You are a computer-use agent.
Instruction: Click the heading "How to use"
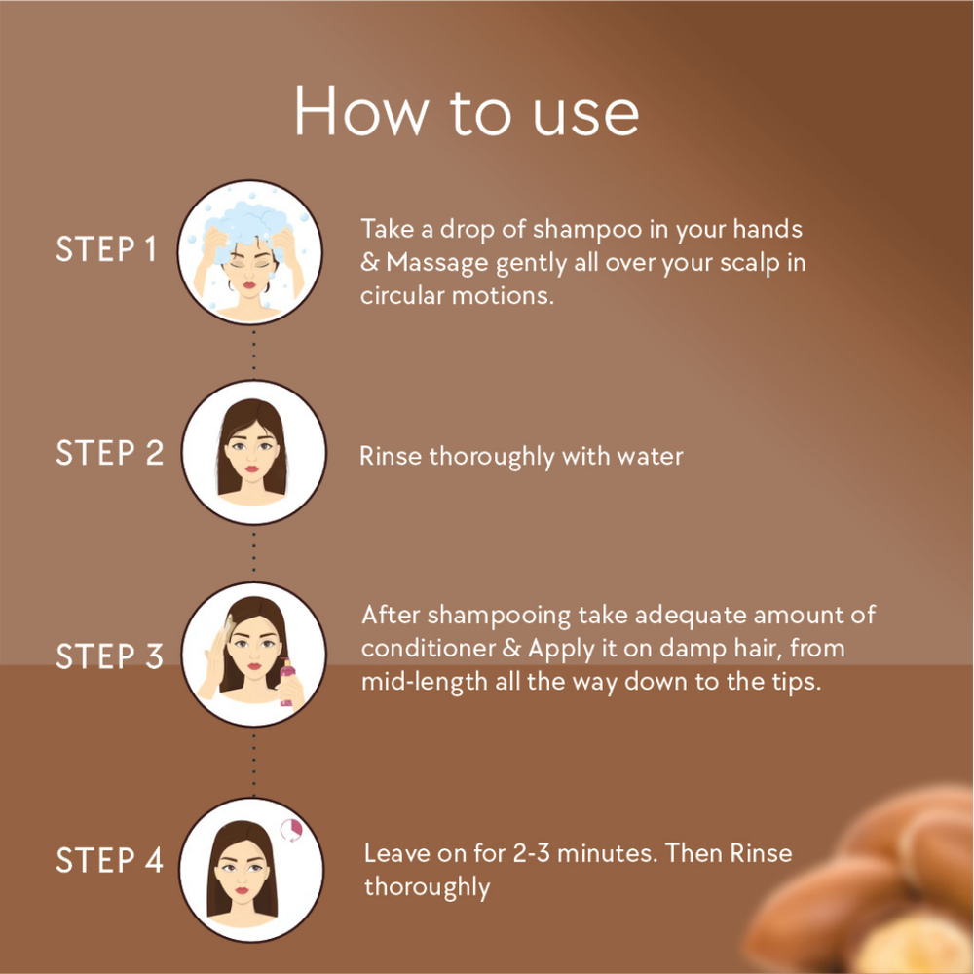(x=467, y=112)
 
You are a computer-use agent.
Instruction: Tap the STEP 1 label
(x=106, y=249)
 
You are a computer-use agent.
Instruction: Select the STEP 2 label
(x=110, y=453)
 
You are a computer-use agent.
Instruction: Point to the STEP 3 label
(x=110, y=656)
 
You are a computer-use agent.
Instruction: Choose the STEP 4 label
(x=110, y=860)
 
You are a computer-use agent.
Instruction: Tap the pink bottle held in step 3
(x=286, y=683)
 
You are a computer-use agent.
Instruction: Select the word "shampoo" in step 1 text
(x=587, y=230)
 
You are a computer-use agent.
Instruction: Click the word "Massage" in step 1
(x=437, y=263)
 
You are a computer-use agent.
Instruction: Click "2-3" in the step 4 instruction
(x=532, y=853)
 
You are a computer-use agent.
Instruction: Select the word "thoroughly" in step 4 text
(x=428, y=887)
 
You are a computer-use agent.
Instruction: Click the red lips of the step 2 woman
(x=251, y=469)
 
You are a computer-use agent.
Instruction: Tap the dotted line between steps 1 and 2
(x=253, y=351)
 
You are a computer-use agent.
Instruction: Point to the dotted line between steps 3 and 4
(x=253, y=764)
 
